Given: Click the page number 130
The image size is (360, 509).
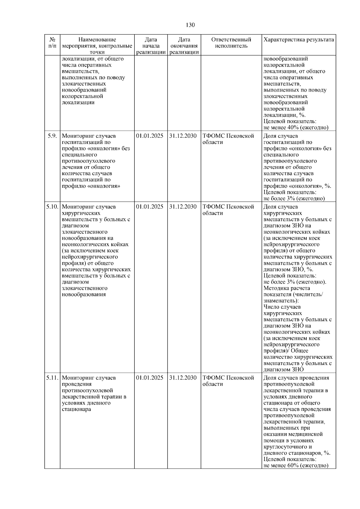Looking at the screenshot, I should coord(190,25).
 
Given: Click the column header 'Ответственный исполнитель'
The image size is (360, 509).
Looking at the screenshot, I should coord(231,43).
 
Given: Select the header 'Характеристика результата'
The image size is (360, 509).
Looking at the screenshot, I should coord(298,40).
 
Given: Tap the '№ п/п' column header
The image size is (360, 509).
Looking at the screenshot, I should coord(52,43).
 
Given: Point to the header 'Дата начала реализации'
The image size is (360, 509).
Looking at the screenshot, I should coord(151,46).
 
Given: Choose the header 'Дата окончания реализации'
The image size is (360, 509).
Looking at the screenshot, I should coord(184,46).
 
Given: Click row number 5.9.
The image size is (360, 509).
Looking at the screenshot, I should coord(52,136).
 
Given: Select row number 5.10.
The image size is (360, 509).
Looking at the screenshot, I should coord(52,207).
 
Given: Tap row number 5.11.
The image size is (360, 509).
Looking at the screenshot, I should coord(52,378).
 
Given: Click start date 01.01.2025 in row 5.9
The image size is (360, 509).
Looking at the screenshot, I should coord(150,136).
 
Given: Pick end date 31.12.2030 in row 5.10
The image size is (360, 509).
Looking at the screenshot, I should coord(183,207).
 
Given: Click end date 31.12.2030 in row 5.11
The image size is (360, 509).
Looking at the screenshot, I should coord(183,378).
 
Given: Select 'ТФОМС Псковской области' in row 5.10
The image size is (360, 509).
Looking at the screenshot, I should coord(228,210).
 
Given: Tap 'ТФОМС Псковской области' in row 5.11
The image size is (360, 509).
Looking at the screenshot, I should coord(228,381).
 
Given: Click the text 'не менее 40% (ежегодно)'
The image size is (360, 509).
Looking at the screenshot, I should coord(295,127).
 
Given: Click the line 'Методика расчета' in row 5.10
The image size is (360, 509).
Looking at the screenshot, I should coord(286,288).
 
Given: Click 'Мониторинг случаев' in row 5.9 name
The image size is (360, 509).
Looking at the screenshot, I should coord(88,136).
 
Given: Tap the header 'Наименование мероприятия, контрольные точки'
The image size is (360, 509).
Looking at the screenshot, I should coord(97,46).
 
